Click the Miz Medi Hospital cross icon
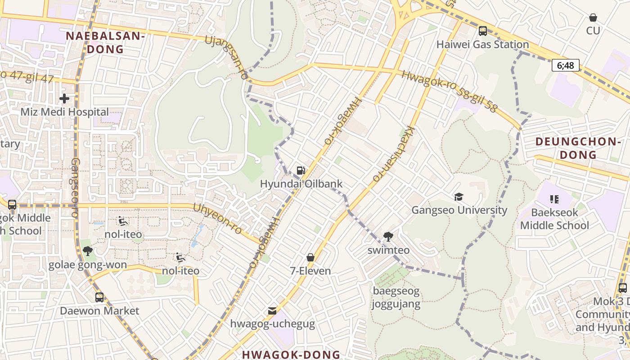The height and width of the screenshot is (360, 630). point(64,98)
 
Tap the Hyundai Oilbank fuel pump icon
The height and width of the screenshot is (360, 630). point(301,170)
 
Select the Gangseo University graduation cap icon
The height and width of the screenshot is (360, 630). point(459,197)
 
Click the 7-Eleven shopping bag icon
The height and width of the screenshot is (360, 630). point(310,257)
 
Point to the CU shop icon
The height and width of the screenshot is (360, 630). point(593,18)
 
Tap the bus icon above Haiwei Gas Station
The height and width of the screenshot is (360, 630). point(483,31)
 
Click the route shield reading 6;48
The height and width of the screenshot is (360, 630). point(566,65)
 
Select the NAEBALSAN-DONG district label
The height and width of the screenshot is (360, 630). point(105,43)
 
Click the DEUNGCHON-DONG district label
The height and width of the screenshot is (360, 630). point(578,148)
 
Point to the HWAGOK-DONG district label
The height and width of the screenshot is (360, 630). point(291,354)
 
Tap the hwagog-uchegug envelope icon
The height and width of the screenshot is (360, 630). point(272,310)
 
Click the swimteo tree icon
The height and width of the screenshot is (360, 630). point(388,236)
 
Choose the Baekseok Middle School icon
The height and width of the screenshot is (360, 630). point(554,199)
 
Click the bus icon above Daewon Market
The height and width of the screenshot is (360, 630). point(99,297)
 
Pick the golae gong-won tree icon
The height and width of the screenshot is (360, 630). point(88,251)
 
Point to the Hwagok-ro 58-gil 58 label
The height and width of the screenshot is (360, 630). point(450,91)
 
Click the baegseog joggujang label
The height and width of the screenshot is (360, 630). point(396,297)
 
